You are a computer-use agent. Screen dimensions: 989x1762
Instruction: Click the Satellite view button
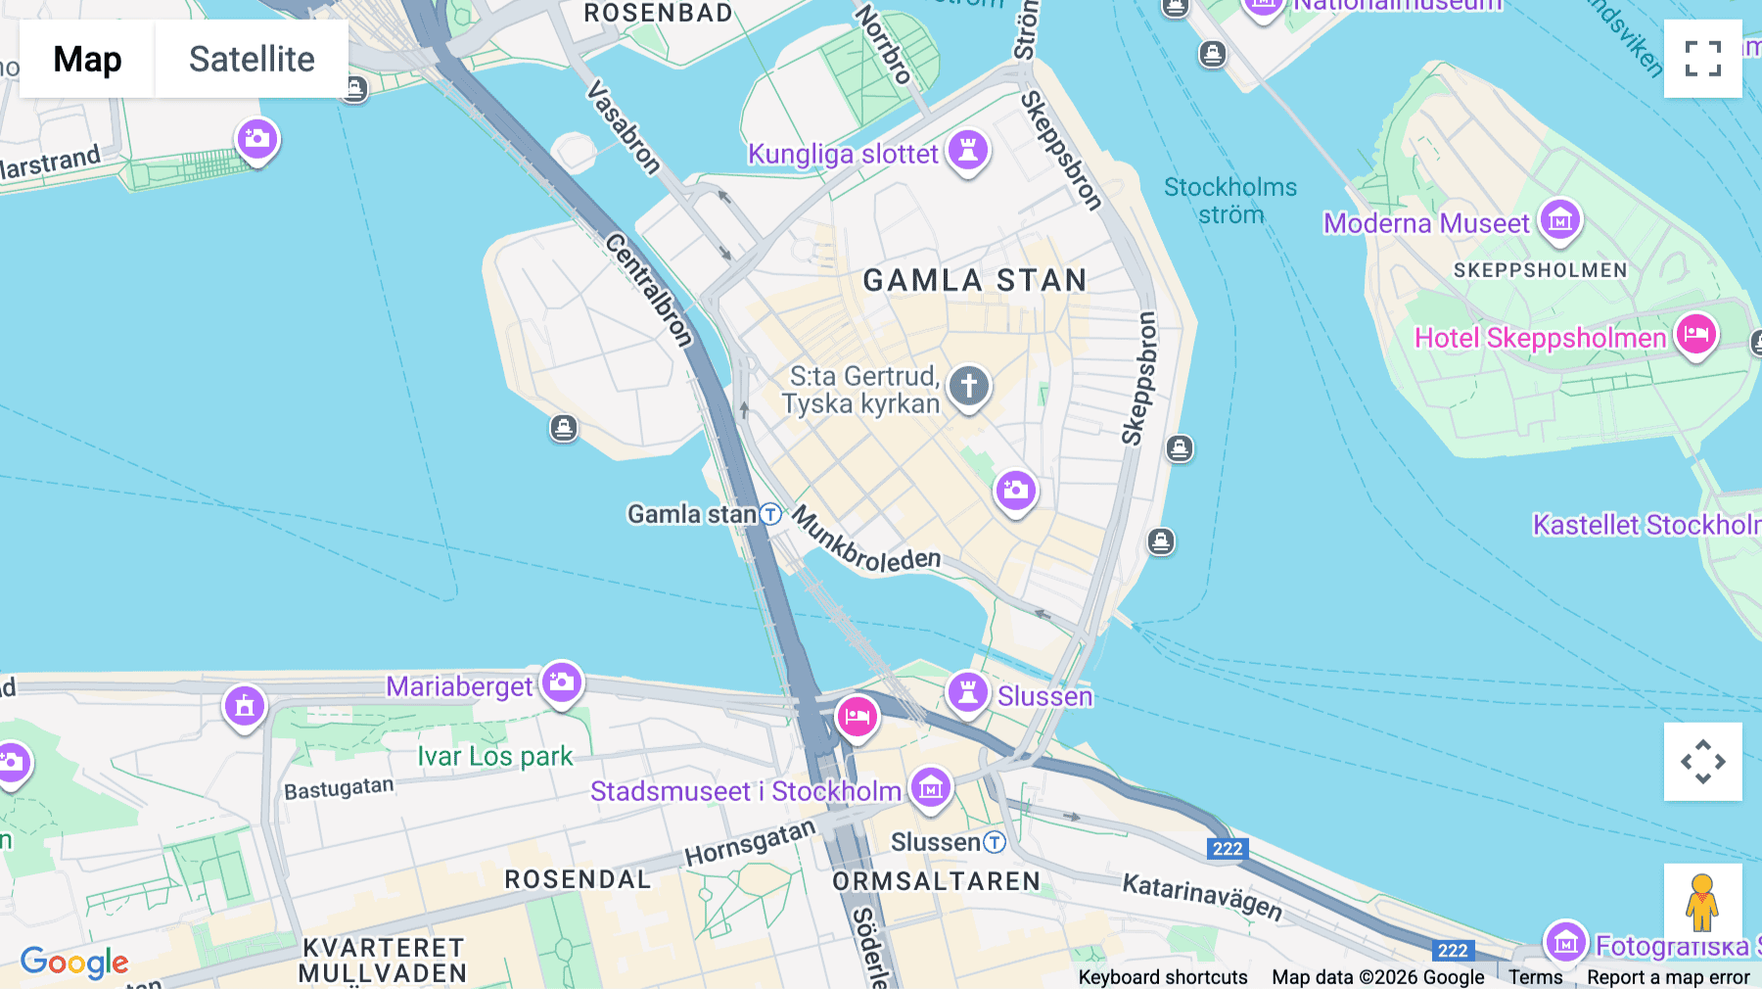coord(252,59)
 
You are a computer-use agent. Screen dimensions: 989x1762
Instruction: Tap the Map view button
coord(87,59)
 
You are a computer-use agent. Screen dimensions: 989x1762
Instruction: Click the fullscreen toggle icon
coord(1702,59)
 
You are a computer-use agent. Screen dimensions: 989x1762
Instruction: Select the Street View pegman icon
coord(1702,902)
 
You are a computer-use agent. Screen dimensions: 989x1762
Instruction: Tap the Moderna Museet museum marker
coord(1560,220)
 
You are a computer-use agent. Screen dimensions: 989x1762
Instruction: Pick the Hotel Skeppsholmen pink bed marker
coord(1696,335)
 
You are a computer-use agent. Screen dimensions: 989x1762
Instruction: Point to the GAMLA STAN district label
coord(974,281)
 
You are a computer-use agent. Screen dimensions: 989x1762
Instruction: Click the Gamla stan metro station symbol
coord(771,514)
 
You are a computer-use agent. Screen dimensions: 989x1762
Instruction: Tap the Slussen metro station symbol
coord(995,842)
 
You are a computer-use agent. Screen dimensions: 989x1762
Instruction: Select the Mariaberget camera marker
coord(562,683)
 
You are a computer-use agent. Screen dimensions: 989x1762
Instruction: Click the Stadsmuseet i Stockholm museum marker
coord(930,787)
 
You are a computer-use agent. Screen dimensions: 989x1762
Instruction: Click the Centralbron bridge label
coord(649,289)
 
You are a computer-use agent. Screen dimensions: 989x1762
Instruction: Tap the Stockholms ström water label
coord(1230,201)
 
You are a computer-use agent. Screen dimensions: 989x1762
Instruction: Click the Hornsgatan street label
coord(750,843)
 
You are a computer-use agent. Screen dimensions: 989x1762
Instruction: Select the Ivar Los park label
coord(494,757)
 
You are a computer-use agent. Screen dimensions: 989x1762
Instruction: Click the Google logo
coord(74,963)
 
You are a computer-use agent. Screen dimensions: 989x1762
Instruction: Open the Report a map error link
coord(1668,977)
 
